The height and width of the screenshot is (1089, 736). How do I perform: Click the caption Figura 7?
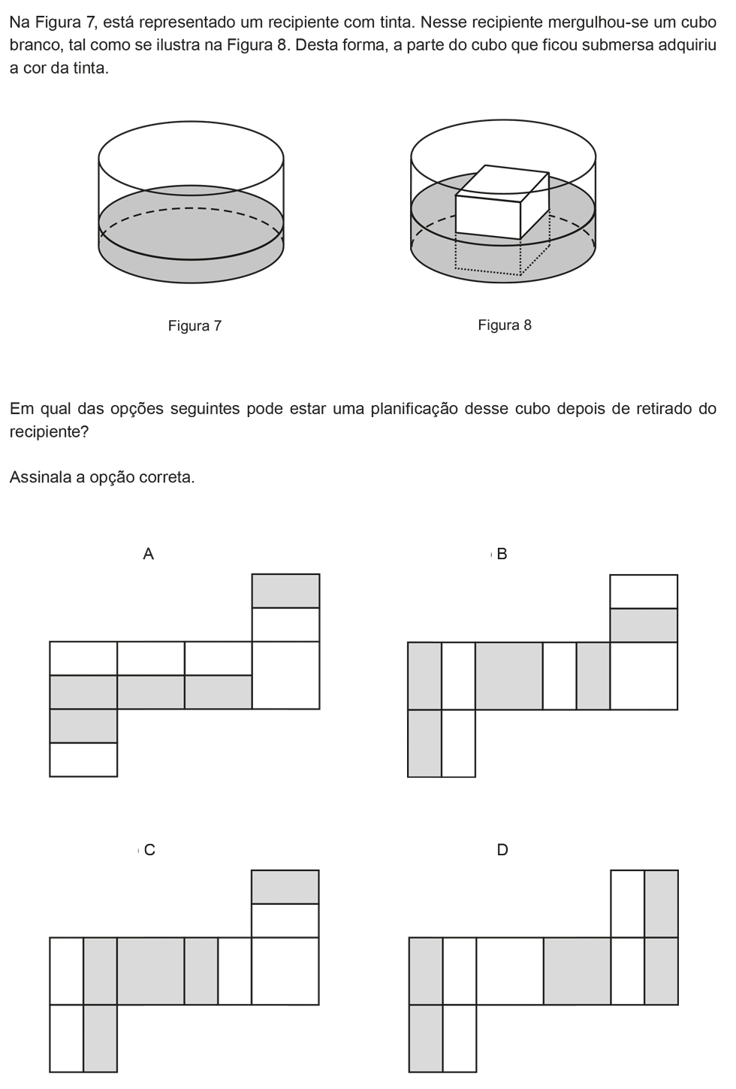pyautogui.click(x=195, y=325)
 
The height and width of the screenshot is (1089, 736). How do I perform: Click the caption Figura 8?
pyautogui.click(x=505, y=325)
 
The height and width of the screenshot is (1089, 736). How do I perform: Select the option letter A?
pyautogui.click(x=148, y=553)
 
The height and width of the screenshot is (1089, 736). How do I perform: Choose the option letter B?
pyautogui.click(x=502, y=553)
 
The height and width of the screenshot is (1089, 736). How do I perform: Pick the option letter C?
pyautogui.click(x=149, y=849)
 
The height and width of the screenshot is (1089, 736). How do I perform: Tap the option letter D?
pyautogui.click(x=502, y=849)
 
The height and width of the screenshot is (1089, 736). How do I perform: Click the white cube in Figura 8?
pyautogui.click(x=502, y=202)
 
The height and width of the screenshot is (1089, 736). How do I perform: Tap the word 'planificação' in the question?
pyautogui.click(x=414, y=408)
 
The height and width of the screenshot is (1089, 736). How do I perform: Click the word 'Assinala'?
pyautogui.click(x=40, y=477)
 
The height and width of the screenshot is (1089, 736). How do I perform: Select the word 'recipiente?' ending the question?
pyautogui.click(x=49, y=431)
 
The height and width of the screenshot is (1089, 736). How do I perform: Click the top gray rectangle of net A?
pyautogui.click(x=285, y=591)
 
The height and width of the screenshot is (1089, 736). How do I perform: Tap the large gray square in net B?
pyautogui.click(x=508, y=676)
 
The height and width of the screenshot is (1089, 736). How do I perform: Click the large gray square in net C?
pyautogui.click(x=151, y=971)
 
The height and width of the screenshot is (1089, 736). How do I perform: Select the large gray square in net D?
pyautogui.click(x=577, y=971)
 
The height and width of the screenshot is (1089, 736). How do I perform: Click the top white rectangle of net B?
pyautogui.click(x=644, y=591)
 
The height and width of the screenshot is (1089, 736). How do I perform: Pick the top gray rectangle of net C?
pyautogui.click(x=285, y=887)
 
